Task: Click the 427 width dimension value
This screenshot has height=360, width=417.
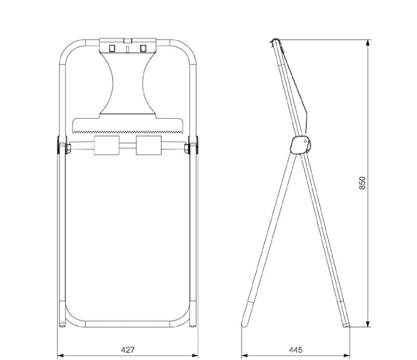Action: (x=128, y=350)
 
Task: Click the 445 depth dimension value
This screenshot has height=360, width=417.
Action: (x=295, y=350)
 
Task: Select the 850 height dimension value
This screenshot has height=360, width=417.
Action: (x=362, y=183)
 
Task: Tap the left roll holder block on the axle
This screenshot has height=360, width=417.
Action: (x=107, y=145)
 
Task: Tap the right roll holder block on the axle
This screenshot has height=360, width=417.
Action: (x=149, y=145)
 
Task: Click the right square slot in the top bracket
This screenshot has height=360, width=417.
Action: (x=143, y=48)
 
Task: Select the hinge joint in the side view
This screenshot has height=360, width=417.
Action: (x=301, y=145)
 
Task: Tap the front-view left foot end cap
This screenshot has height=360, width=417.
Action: (x=62, y=324)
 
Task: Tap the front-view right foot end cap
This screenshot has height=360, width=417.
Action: (x=193, y=324)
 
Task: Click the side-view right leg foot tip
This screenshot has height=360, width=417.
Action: (x=346, y=324)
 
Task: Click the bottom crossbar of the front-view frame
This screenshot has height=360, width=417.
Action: (x=128, y=324)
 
